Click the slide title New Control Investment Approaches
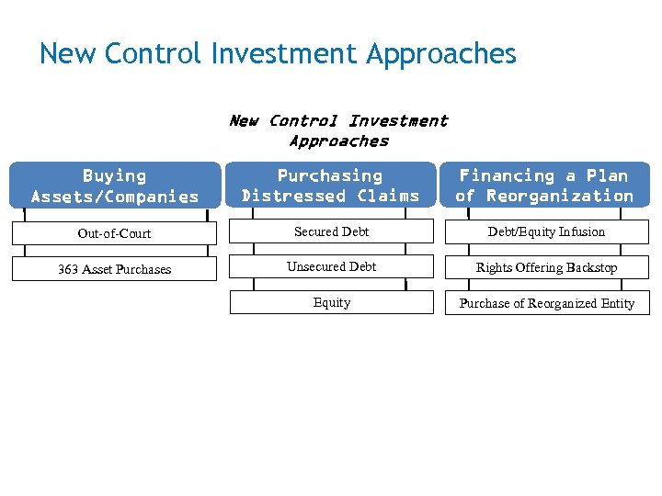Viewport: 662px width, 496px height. [278, 54]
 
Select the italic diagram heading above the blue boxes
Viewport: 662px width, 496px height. [337, 130]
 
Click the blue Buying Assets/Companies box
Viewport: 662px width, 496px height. [115, 186]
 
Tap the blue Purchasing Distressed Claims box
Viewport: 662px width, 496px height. [330, 186]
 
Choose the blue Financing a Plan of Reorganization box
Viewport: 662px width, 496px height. [545, 186]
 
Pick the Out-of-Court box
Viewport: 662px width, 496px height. [114, 233]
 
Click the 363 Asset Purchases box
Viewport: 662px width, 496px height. [114, 269]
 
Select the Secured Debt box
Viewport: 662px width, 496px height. [331, 232]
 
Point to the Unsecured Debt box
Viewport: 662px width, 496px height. [331, 267]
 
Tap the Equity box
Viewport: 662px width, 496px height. [331, 303]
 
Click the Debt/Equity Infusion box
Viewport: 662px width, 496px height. [546, 232]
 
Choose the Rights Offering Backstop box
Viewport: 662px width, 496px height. [546, 268]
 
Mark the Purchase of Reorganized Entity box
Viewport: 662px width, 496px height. [546, 304]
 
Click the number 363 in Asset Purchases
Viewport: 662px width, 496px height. [68, 269]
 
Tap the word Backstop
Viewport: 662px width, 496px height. [591, 268]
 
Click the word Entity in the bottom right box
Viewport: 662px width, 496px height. [617, 304]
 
